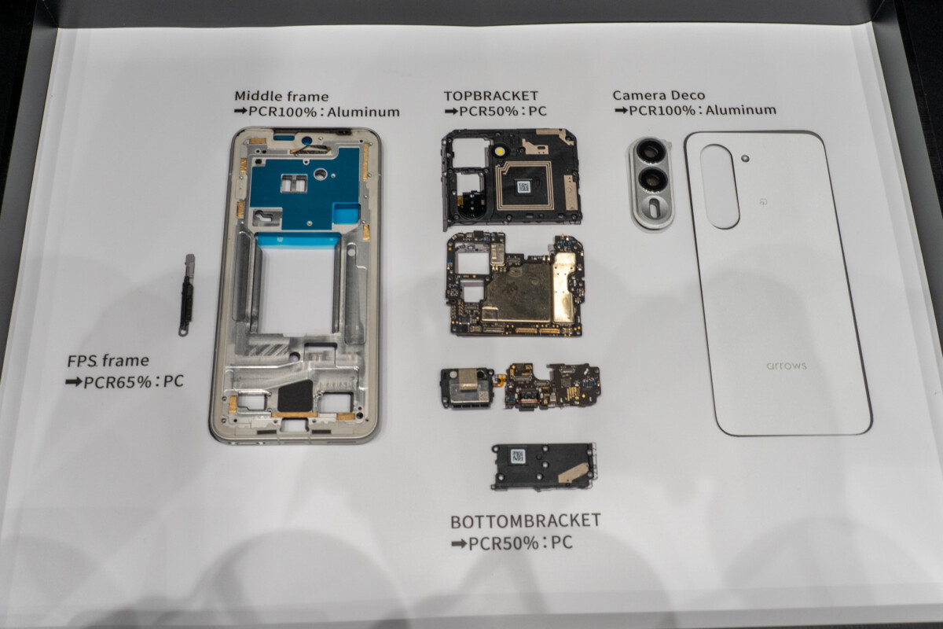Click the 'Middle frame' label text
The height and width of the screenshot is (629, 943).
point(281,96)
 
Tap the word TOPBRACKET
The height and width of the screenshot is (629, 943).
point(491,96)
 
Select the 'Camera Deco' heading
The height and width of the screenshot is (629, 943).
point(659,95)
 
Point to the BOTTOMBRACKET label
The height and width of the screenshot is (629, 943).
point(526,520)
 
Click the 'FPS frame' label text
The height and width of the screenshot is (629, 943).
point(108,361)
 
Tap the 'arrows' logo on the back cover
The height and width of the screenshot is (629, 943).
point(787,366)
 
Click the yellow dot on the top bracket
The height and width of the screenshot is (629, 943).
point(500,151)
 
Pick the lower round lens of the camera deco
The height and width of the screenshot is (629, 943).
point(652,178)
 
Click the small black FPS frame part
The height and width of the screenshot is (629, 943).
point(186,295)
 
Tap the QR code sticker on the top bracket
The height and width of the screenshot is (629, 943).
point(523,186)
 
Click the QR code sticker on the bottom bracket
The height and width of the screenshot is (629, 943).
point(517,456)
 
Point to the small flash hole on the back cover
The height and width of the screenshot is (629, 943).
point(745,158)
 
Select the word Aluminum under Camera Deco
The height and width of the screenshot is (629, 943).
point(741,110)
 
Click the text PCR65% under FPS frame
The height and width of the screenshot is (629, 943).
point(117,381)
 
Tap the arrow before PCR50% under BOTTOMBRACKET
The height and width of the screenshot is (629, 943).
point(459,543)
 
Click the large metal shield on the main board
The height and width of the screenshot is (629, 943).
point(517,292)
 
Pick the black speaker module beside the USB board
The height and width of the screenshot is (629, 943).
point(468,388)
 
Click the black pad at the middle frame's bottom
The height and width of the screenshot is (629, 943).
point(295,396)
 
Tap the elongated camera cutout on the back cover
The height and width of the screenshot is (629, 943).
point(720,186)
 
